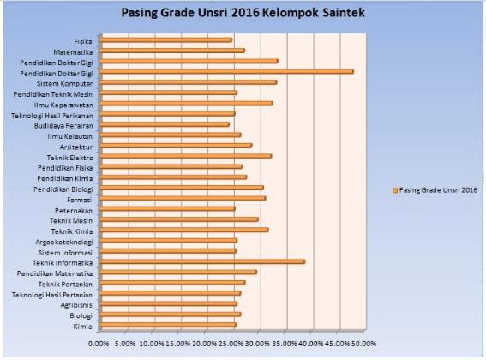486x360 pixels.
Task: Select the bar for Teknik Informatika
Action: point(202,261)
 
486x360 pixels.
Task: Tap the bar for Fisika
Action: point(165,40)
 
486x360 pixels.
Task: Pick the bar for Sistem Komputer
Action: point(189,82)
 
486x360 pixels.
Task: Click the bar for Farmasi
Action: point(183,198)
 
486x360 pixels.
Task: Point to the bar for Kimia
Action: point(168,325)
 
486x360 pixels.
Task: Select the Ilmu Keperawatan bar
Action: point(186,104)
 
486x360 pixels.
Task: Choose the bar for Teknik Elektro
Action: point(185,156)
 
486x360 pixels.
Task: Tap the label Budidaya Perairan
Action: point(63,125)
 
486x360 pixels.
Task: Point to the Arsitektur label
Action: point(76,147)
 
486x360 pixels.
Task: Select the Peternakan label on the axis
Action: point(73,210)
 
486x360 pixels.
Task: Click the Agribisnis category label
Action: point(76,304)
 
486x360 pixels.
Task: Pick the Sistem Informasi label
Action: point(65,252)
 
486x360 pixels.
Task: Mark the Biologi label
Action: point(82,315)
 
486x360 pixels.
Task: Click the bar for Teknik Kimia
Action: point(184,230)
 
